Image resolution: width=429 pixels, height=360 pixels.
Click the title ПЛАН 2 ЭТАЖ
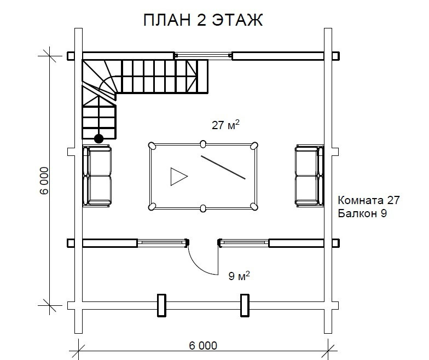(x=203, y=20)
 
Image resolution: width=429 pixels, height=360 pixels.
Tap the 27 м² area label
(x=225, y=125)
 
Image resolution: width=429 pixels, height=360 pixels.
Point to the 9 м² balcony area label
(x=239, y=276)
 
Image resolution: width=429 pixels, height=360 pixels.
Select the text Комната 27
(x=369, y=200)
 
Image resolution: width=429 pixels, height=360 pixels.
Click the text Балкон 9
(x=362, y=213)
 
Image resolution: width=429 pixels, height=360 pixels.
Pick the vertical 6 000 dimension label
(x=44, y=181)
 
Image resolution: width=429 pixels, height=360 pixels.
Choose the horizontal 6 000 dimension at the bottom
(x=203, y=346)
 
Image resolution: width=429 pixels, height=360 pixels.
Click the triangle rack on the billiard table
(x=179, y=177)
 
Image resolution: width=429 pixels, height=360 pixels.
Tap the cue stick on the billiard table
(x=223, y=167)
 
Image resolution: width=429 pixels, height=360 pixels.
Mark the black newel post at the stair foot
(x=98, y=139)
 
